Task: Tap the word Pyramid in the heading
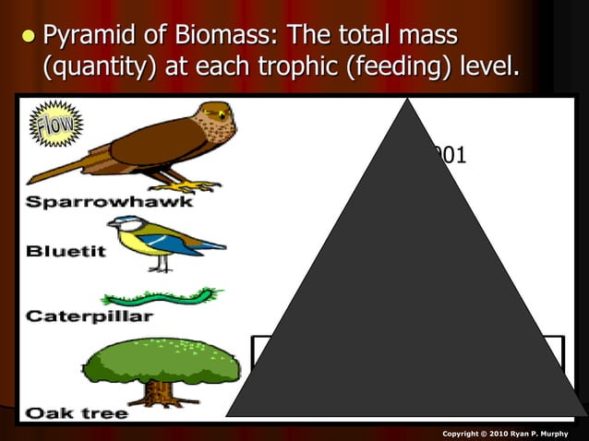click(89, 37)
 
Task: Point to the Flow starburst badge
click(58, 125)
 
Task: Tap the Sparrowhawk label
click(109, 201)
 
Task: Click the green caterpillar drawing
click(162, 298)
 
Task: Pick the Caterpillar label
click(89, 316)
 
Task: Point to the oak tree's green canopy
click(162, 359)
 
